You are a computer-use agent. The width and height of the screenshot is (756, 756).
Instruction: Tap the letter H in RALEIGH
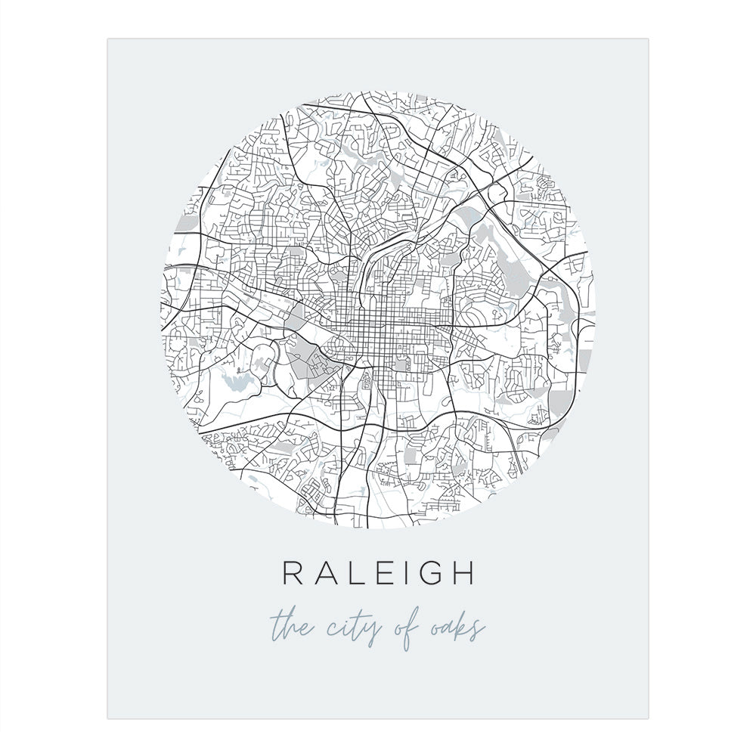[x=461, y=573]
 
